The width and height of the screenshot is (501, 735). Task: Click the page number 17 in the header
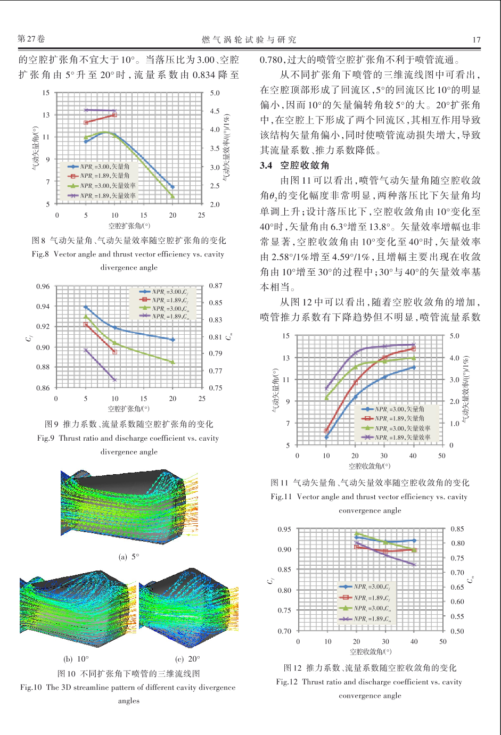pyautogui.click(x=477, y=40)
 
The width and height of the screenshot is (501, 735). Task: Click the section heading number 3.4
pyautogui.click(x=266, y=166)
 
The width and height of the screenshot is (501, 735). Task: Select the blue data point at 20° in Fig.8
pyautogui.click(x=173, y=187)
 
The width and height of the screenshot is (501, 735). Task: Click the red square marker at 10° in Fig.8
pyautogui.click(x=114, y=115)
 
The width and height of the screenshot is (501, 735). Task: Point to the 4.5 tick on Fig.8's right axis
pyautogui.click(x=215, y=111)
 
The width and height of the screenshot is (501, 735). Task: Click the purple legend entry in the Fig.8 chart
pyautogui.click(x=102, y=195)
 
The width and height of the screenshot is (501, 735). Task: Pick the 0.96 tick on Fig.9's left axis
pyautogui.click(x=43, y=286)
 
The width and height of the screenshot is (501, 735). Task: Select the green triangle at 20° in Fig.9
pyautogui.click(x=173, y=362)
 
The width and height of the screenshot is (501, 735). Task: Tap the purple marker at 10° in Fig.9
pyautogui.click(x=115, y=379)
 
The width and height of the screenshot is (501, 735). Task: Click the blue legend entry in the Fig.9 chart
pyautogui.click(x=163, y=292)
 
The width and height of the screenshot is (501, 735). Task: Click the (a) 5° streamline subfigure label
pyautogui.click(x=129, y=557)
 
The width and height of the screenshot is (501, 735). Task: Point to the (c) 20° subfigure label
pyautogui.click(x=187, y=659)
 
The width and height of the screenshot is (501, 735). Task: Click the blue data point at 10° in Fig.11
pyautogui.click(x=326, y=437)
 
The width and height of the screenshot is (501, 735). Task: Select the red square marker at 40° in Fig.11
pyautogui.click(x=414, y=349)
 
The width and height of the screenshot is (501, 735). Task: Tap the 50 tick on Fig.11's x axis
pyautogui.click(x=442, y=456)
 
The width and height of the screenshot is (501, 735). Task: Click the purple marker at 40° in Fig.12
pyautogui.click(x=414, y=565)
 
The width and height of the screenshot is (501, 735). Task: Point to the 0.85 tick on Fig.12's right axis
pyautogui.click(x=457, y=528)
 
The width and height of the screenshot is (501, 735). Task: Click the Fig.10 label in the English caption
pyautogui.click(x=31, y=687)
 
